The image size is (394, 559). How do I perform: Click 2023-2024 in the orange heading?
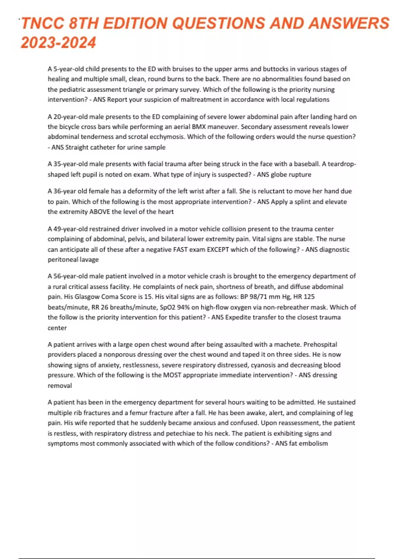pyautogui.click(x=58, y=43)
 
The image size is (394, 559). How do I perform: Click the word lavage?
pyautogui.click(x=89, y=259)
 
